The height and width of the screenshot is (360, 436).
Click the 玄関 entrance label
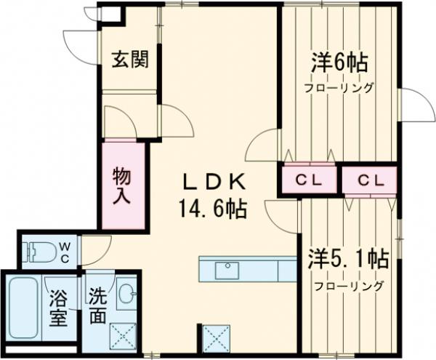[130, 60]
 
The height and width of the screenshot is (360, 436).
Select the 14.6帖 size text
[211, 209]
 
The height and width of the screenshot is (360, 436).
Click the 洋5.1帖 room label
[348, 258]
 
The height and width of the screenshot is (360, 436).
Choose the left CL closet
[310, 180]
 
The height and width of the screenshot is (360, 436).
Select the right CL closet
[370, 180]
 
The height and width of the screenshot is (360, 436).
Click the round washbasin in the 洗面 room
[126, 293]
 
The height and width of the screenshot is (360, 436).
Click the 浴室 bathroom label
[58, 308]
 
